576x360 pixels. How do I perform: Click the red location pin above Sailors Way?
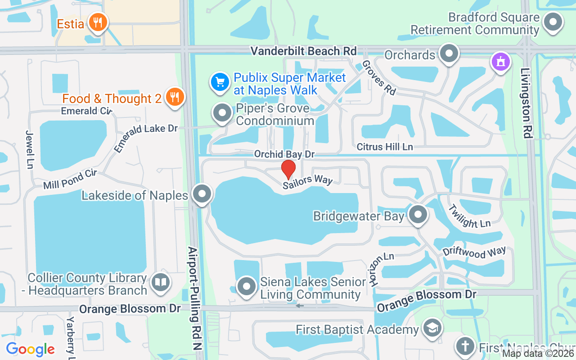click(288, 169)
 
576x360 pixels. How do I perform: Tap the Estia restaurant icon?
click(97, 22)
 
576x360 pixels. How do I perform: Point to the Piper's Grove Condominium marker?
click(222, 114)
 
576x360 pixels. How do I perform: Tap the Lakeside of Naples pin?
click(202, 194)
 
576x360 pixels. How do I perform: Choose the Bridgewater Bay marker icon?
click(418, 215)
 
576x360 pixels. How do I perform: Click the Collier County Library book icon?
click(160, 283)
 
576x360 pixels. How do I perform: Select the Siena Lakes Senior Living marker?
click(246, 287)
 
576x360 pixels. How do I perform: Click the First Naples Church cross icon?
click(464, 346)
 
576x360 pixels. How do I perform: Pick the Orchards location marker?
click(449, 54)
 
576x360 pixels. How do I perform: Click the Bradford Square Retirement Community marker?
click(553, 22)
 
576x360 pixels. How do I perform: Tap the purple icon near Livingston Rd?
click(500, 62)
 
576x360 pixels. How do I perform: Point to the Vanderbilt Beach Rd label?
click(304, 51)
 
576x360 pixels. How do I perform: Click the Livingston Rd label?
click(526, 103)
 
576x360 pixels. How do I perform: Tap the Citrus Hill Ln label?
click(385, 147)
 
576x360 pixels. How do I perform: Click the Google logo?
click(31, 349)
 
